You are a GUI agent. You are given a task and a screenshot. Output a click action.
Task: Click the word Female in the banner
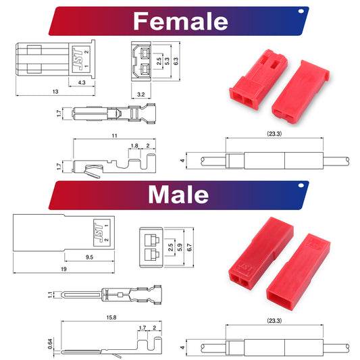point(180,21)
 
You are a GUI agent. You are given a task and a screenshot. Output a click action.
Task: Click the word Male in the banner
point(178,195)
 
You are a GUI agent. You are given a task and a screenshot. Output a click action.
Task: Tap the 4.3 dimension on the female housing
point(82,82)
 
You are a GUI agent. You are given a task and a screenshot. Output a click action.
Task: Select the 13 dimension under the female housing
point(55,92)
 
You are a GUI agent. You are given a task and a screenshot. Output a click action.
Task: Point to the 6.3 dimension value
point(176,61)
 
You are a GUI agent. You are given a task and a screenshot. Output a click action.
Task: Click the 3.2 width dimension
point(141,95)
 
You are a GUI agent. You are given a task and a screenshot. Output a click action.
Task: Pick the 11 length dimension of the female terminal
point(114,136)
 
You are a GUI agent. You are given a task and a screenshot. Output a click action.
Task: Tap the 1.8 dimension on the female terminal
point(134,146)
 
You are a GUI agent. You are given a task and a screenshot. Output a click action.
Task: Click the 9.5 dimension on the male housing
point(89,257)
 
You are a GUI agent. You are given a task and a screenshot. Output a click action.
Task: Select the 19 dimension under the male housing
point(63,269)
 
